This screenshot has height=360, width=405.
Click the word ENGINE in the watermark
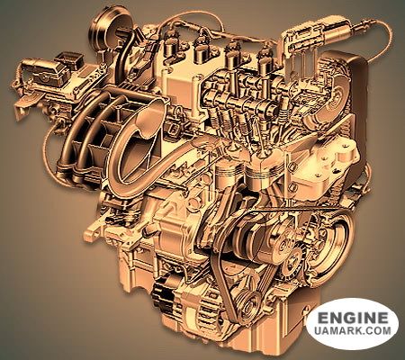(353, 318)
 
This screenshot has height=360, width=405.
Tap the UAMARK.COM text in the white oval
(353, 330)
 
